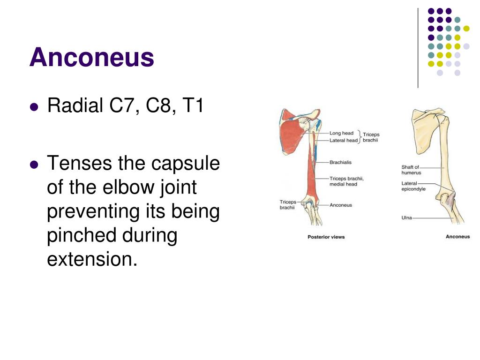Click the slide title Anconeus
pyautogui.click(x=92, y=58)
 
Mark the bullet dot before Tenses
pyautogui.click(x=33, y=165)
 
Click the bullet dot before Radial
pyautogui.click(x=33, y=107)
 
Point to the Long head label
pyautogui.click(x=341, y=133)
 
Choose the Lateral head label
pyautogui.click(x=343, y=140)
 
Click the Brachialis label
pyautogui.click(x=340, y=162)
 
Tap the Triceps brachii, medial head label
pyautogui.click(x=346, y=181)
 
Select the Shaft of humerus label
pyautogui.click(x=411, y=170)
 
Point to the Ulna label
pyautogui.click(x=406, y=217)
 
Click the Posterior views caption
pyautogui.click(x=326, y=237)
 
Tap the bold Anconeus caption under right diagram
pyautogui.click(x=457, y=237)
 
